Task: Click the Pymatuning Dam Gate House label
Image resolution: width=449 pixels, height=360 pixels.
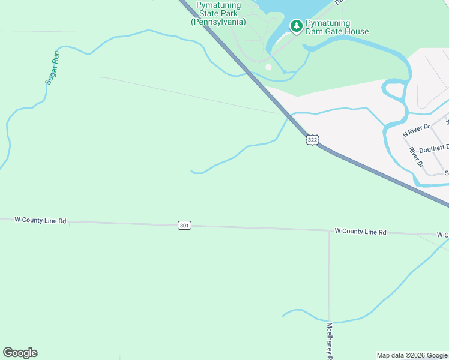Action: point(337,27)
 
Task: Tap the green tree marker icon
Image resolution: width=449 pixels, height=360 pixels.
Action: point(296,26)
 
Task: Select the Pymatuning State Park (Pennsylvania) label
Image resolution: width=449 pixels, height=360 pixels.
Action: point(218,13)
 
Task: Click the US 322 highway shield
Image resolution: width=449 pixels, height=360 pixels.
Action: point(312,140)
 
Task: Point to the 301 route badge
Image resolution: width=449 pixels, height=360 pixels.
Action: point(184,226)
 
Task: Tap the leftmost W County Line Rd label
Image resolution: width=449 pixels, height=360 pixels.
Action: point(40,220)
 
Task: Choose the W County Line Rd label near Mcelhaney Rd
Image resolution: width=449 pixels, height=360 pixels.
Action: point(360,231)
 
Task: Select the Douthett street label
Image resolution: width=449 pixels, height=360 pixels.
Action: point(434,148)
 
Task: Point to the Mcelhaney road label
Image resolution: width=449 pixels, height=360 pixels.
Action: point(330,340)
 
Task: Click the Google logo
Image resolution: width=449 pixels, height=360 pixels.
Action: point(20,353)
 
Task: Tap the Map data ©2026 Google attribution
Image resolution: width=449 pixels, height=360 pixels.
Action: point(412,355)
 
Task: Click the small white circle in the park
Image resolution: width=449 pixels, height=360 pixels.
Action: point(268,67)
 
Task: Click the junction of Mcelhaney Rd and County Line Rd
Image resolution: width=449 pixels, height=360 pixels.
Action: point(329,230)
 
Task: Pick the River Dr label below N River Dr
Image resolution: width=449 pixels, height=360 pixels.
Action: point(416,155)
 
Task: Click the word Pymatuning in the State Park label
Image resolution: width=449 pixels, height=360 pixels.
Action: point(218,5)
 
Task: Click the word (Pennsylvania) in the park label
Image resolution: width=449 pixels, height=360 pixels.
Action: point(218,22)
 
